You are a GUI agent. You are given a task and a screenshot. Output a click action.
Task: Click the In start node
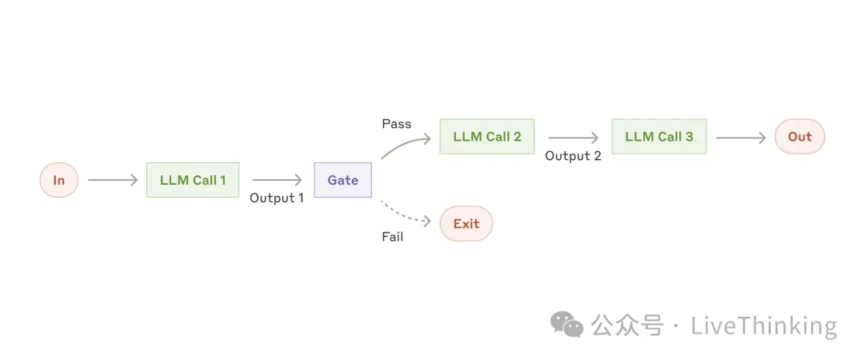[x=59, y=180]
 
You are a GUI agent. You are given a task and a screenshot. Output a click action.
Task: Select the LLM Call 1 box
[x=193, y=180]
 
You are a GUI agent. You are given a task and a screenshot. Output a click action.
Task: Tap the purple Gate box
[x=342, y=180]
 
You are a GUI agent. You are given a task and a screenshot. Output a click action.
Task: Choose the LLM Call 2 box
[x=487, y=137]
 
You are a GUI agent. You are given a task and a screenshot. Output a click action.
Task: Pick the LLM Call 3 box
[x=659, y=137]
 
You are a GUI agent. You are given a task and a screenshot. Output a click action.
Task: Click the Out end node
[x=799, y=137]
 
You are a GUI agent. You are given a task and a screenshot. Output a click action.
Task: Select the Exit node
[x=466, y=223]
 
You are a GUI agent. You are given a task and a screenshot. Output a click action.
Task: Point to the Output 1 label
[x=277, y=198]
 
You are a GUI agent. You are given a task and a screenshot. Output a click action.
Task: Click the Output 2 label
[x=573, y=156]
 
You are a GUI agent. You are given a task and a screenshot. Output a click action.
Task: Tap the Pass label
[x=396, y=124]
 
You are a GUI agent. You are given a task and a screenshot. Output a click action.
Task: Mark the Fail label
[x=392, y=237]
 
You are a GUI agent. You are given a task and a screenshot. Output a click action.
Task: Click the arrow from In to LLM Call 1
[x=113, y=180]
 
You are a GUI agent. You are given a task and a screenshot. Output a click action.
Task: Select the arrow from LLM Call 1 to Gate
[x=277, y=180]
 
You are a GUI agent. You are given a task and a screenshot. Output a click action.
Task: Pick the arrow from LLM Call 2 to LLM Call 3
[x=573, y=137]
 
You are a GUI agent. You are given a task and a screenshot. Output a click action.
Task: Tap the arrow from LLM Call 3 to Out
[x=741, y=137]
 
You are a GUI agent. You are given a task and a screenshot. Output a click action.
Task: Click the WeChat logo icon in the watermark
[x=567, y=325]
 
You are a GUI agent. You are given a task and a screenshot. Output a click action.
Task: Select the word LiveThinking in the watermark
[x=763, y=326]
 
